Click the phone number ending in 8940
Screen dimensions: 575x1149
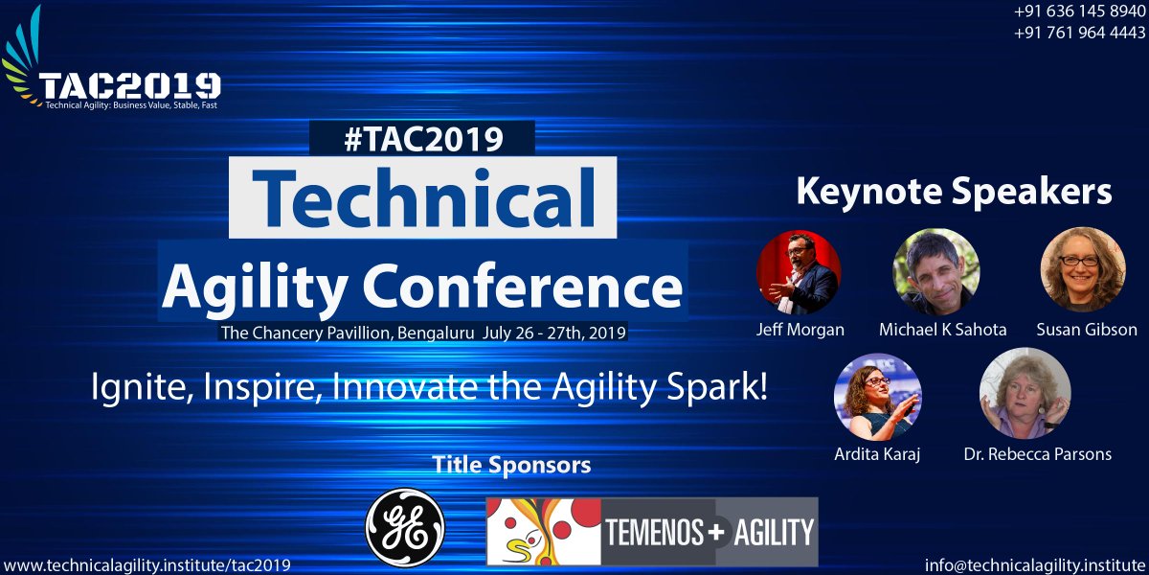click(1079, 12)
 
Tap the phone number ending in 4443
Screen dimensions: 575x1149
click(1079, 33)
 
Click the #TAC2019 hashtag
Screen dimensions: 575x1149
click(422, 140)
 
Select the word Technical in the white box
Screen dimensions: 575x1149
click(423, 199)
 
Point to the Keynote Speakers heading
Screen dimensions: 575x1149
click(954, 192)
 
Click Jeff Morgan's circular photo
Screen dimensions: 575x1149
click(799, 272)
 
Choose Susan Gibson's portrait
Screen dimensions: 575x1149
click(1082, 269)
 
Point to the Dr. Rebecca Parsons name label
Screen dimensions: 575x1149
click(1037, 453)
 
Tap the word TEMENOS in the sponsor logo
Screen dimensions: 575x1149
click(655, 531)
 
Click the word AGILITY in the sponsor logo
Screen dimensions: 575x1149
click(773, 531)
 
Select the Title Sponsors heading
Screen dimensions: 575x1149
click(511, 466)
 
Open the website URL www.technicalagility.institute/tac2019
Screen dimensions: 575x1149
click(147, 564)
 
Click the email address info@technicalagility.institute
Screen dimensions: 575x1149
click(1035, 564)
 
